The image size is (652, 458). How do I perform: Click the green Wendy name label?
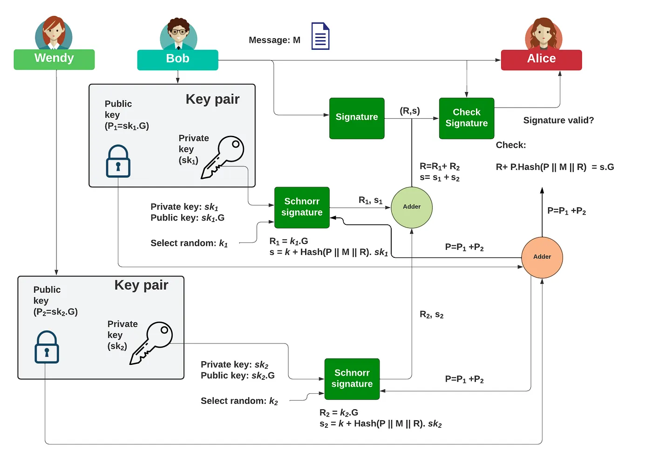click(x=54, y=59)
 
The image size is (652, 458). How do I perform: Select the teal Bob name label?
click(x=177, y=60)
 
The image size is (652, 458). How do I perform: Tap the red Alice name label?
click(x=541, y=60)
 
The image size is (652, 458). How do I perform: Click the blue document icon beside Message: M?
click(x=320, y=36)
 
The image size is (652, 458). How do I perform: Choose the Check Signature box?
click(x=466, y=118)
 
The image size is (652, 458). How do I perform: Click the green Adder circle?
click(x=412, y=207)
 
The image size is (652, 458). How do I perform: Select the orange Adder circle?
click(x=542, y=257)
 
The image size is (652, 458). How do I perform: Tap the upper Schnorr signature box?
click(x=302, y=208)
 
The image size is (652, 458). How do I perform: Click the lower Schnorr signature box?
click(x=352, y=379)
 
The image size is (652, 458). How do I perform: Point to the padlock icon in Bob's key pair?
click(x=118, y=161)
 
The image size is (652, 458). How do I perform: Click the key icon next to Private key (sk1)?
click(x=223, y=157)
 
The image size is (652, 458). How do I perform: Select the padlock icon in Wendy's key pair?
click(x=47, y=347)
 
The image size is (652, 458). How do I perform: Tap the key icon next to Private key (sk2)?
click(x=151, y=343)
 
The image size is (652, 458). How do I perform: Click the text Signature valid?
click(x=558, y=121)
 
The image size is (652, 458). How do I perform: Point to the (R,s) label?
click(x=410, y=111)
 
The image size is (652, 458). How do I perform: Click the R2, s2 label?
click(x=432, y=315)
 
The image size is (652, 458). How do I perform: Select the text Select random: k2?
click(x=239, y=401)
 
